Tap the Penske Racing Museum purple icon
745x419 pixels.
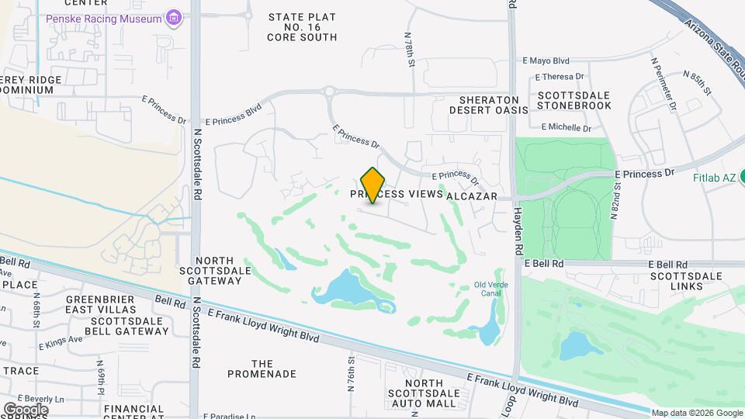[x=174, y=18]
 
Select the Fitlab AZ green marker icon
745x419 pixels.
[x=740, y=177]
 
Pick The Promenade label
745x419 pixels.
[x=262, y=369]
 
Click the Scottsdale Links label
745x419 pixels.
[x=685, y=281]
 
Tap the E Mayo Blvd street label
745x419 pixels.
[x=546, y=60]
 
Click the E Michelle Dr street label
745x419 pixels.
[x=566, y=127]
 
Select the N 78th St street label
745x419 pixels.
[x=410, y=47]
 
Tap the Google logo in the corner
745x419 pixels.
[x=26, y=409]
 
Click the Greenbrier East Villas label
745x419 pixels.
[x=101, y=304]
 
